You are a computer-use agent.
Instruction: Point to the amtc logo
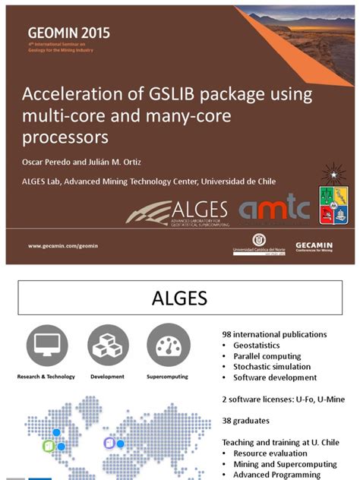(274, 209)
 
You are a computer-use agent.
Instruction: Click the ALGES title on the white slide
(179, 298)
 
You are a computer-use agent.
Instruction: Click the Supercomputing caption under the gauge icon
(168, 377)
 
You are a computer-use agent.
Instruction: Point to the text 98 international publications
(274, 334)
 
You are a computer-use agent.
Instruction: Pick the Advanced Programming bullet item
(278, 475)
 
